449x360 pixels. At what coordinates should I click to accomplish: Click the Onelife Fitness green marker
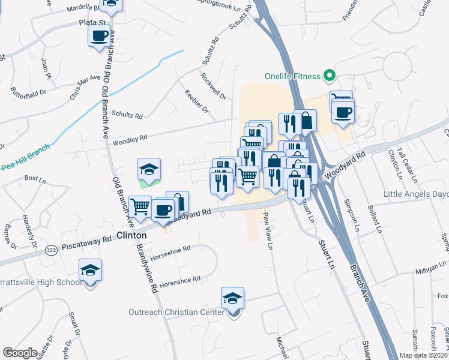click(x=328, y=76)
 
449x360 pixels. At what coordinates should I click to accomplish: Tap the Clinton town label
click(x=131, y=236)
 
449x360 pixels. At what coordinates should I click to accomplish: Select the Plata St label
click(x=92, y=22)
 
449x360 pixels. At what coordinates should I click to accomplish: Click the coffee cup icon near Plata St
click(x=99, y=36)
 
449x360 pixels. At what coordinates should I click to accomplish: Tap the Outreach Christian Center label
click(x=176, y=312)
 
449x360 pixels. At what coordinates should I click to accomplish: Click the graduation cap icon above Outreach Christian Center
click(x=233, y=298)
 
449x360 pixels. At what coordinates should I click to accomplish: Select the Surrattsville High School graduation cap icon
click(x=90, y=271)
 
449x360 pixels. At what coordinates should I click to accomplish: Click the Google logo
click(x=20, y=353)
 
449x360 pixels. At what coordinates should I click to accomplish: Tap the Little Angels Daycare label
click(x=417, y=194)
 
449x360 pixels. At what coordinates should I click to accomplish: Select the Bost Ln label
click(x=35, y=179)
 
